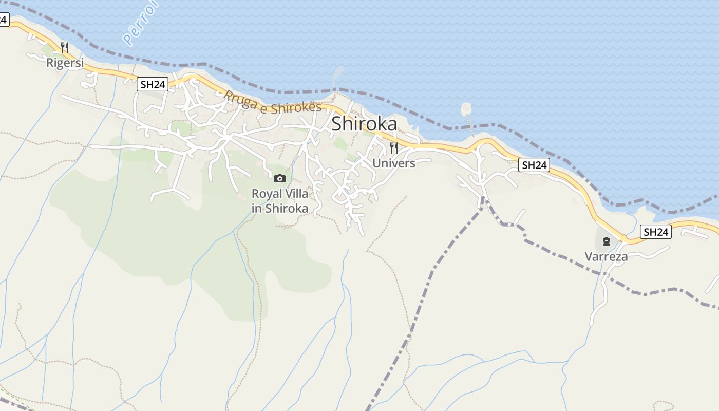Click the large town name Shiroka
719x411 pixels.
[364, 124]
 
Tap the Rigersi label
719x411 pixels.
[65, 63]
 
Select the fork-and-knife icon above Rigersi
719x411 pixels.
[65, 48]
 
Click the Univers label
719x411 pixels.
[394, 163]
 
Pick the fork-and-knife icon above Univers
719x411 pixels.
[394, 148]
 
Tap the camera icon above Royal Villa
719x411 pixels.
[280, 178]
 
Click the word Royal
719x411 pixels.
[266, 194]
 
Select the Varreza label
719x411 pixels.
[607, 256]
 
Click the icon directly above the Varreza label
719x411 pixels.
[607, 241]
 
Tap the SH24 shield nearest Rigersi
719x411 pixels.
[153, 85]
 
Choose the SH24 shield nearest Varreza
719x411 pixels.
[656, 232]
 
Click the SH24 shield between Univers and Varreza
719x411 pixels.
[534, 165]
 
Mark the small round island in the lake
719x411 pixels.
[466, 108]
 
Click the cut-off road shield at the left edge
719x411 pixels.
[4, 20]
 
